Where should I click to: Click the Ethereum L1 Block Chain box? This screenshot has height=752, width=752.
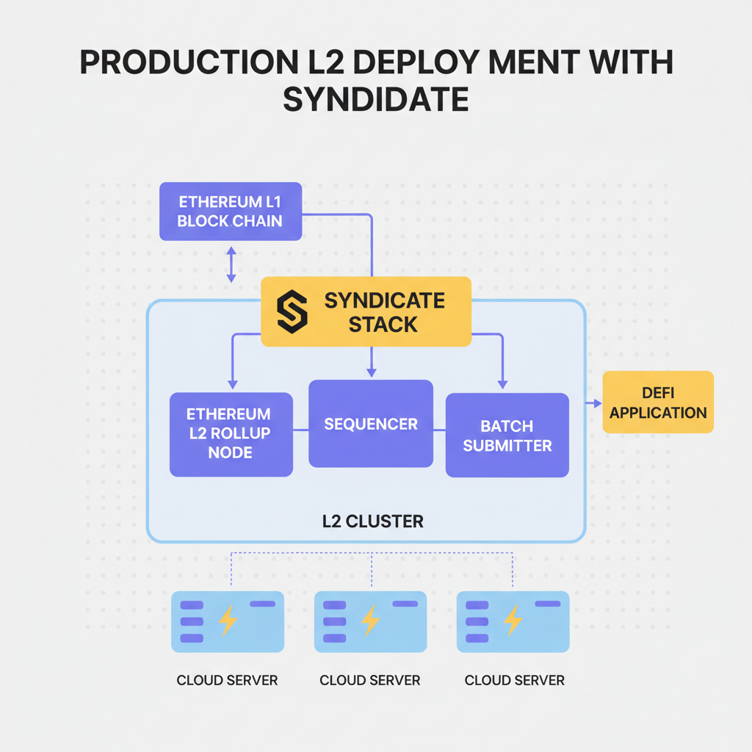231,211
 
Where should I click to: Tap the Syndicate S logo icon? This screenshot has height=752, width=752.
292,313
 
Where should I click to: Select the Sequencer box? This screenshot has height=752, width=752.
371,424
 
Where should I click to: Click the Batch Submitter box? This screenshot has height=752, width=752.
507,435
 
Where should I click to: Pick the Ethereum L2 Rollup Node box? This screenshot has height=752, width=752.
231,434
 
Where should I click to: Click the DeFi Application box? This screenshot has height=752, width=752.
658,402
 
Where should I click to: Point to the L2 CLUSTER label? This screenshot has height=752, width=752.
372,522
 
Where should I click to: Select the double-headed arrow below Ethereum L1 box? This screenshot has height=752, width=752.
231,264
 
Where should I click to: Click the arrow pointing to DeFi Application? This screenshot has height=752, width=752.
592,403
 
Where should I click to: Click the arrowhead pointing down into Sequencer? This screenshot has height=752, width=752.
372,372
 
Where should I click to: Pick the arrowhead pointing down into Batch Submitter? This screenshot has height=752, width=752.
503,383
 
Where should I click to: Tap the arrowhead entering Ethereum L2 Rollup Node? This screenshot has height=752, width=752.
233,383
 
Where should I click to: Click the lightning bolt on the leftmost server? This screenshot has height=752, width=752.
228,621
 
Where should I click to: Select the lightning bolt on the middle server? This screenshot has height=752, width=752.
371,621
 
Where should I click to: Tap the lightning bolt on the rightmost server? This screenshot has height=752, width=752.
513,621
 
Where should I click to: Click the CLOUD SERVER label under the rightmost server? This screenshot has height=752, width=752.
514,680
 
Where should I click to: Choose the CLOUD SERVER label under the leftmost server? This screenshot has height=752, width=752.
227,680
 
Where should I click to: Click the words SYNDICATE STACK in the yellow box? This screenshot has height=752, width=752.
384,312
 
